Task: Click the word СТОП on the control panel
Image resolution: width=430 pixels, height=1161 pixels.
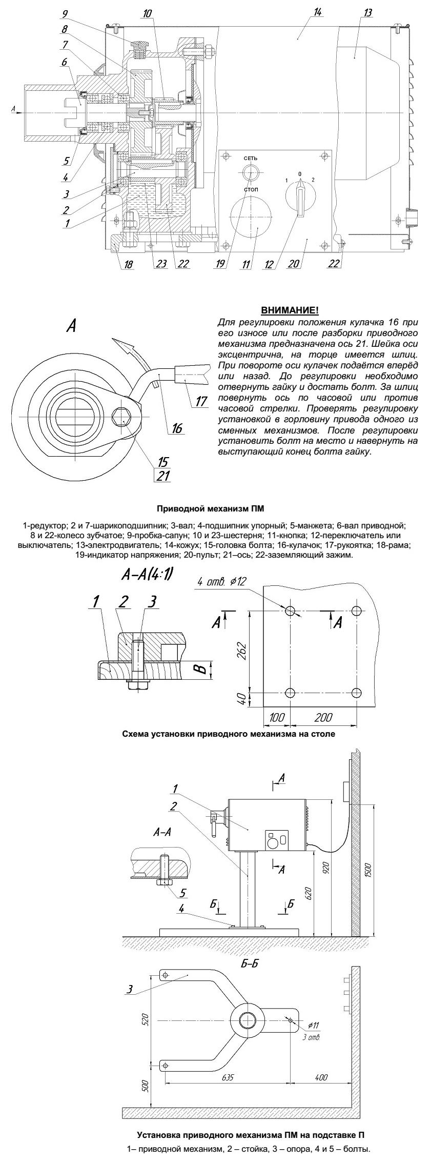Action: click(x=251, y=189)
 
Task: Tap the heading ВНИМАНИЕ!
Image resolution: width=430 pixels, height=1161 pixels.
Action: click(x=290, y=310)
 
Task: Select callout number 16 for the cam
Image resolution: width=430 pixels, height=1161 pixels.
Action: click(x=177, y=428)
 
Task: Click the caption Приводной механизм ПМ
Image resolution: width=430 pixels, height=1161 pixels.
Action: click(x=215, y=509)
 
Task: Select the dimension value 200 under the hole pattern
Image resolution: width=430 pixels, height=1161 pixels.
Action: click(x=323, y=717)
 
